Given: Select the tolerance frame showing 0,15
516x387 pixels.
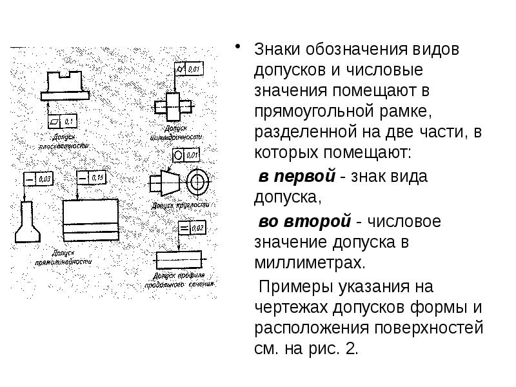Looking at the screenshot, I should pyautogui.click(x=90, y=177).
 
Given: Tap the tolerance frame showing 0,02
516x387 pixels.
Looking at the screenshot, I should pyautogui.click(x=190, y=228).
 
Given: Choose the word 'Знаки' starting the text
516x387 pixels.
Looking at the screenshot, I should pyautogui.click(x=275, y=49).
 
